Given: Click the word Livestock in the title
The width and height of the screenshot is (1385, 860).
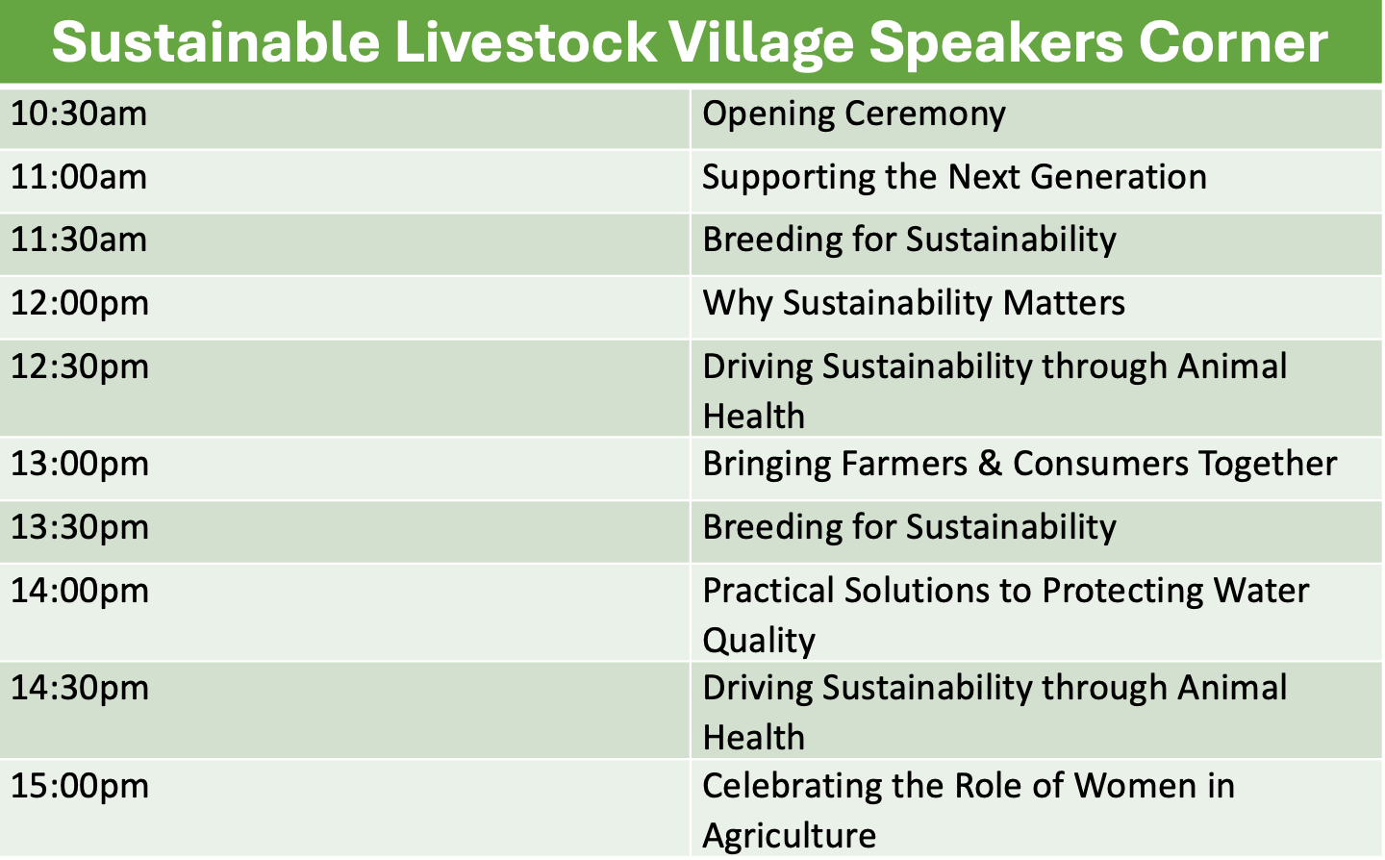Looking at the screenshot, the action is pyautogui.click(x=525, y=42).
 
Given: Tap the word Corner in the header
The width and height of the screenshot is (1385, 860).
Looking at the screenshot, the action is pyautogui.click(x=1233, y=42).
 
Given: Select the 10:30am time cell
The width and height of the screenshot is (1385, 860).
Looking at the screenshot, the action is pyautogui.click(x=79, y=114).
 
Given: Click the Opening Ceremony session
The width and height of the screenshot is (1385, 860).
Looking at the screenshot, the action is pyautogui.click(x=854, y=114).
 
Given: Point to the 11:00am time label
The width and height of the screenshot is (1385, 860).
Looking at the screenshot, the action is pyautogui.click(x=79, y=177).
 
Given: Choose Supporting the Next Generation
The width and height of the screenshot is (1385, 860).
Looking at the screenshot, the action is pyautogui.click(x=955, y=177).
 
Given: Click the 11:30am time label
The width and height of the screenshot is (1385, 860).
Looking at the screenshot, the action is pyautogui.click(x=79, y=240).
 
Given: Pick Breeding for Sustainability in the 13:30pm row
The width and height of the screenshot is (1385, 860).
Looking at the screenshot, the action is pyautogui.click(x=909, y=527).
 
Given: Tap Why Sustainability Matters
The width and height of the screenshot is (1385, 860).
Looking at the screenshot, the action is pyautogui.click(x=914, y=304).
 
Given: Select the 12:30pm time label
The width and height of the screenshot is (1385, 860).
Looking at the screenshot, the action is pyautogui.click(x=80, y=367).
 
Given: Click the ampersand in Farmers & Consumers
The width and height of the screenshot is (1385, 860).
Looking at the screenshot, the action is pyautogui.click(x=990, y=464).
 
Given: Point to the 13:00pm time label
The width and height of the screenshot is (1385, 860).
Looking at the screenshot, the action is pyautogui.click(x=80, y=464).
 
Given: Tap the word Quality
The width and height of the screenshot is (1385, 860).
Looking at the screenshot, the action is pyautogui.click(x=759, y=641).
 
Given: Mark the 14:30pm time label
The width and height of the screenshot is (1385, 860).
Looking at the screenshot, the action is pyautogui.click(x=80, y=688).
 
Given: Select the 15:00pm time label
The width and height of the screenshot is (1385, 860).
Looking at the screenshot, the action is pyautogui.click(x=80, y=787).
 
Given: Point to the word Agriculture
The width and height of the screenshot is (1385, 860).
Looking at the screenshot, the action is pyautogui.click(x=789, y=836).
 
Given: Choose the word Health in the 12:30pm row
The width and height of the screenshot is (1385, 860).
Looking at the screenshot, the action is pyautogui.click(x=754, y=416).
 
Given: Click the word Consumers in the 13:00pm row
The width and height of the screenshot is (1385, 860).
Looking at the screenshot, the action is pyautogui.click(x=1100, y=464).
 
